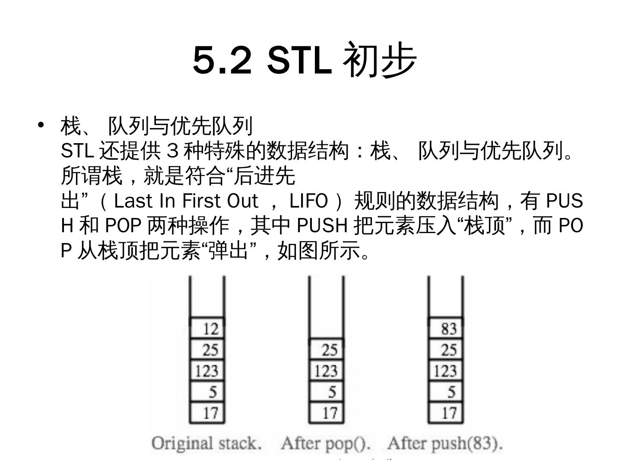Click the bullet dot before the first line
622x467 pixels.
point(41,125)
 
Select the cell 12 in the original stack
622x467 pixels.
point(207,329)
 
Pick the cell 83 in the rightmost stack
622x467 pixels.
point(446,329)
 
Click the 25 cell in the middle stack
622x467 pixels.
point(327,349)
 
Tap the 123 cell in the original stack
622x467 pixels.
point(207,371)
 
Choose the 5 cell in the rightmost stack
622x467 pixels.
point(446,392)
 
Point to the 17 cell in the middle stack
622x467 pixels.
point(327,413)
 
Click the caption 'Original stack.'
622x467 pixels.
point(206,444)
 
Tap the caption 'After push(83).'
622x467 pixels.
point(445,444)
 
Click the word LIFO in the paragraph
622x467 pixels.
point(308,201)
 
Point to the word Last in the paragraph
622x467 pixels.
point(133,201)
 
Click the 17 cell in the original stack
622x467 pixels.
point(207,413)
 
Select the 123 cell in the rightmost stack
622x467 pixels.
point(446,371)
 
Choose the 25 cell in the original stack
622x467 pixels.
point(207,349)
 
